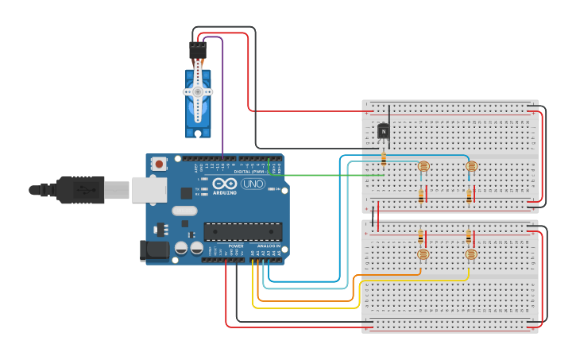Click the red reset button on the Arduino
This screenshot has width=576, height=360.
[x=160, y=165]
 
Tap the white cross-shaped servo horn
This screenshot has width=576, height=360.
[x=198, y=92]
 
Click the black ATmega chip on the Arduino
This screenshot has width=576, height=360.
[x=242, y=231]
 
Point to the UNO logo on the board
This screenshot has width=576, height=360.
[x=253, y=184]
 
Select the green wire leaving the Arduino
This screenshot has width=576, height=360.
[x=334, y=174]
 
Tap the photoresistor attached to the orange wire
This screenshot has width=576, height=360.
[x=422, y=254]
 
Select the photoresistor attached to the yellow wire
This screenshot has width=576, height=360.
[x=470, y=254]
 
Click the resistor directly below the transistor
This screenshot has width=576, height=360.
[x=384, y=157]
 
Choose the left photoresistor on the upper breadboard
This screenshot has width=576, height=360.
[x=423, y=166]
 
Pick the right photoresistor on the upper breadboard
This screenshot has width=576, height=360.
[x=471, y=166]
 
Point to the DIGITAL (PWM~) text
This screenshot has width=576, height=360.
[x=249, y=171]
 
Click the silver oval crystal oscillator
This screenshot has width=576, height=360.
[x=184, y=211]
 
